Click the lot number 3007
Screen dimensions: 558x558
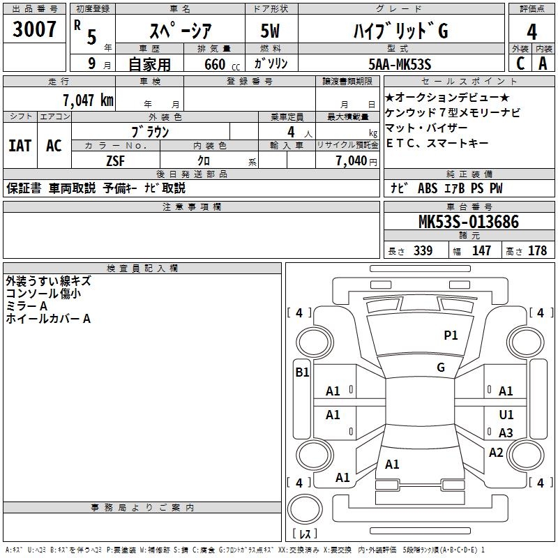click(x=34, y=31)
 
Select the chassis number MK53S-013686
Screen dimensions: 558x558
click(x=468, y=223)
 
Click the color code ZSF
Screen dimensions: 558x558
click(x=114, y=160)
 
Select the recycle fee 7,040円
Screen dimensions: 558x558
click(x=356, y=160)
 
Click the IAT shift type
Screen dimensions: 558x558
click(x=20, y=145)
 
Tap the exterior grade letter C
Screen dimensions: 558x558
click(x=520, y=63)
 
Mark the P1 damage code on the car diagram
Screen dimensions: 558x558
click(x=451, y=335)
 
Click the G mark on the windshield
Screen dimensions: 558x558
click(x=441, y=368)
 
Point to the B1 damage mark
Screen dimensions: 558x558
click(x=302, y=372)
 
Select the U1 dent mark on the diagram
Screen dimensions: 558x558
click(x=506, y=415)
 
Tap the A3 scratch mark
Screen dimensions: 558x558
click(x=506, y=433)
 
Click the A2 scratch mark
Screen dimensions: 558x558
click(x=496, y=453)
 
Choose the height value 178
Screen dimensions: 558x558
click(x=537, y=251)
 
